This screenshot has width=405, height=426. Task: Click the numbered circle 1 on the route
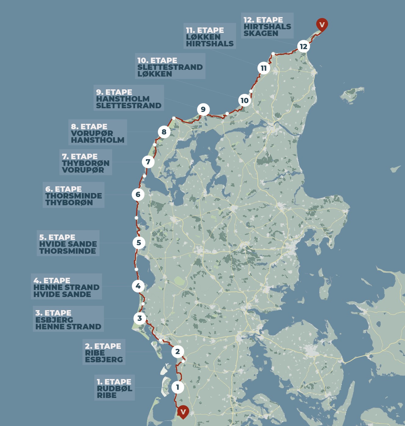click(178, 387)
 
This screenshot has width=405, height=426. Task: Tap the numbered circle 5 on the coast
click(139, 243)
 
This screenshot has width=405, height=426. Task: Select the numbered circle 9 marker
click(203, 109)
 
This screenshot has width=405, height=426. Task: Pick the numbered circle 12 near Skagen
click(303, 47)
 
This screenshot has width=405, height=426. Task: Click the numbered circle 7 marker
click(148, 162)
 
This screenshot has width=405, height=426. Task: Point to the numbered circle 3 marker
click(139, 318)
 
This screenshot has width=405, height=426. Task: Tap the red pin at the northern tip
click(322, 24)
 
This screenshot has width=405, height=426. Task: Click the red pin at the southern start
click(183, 412)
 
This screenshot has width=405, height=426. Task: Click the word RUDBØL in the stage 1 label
click(114, 389)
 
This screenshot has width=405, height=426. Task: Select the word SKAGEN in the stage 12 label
click(261, 34)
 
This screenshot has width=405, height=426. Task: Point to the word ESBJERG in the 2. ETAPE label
click(104, 360)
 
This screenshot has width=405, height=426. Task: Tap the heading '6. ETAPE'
click(63, 189)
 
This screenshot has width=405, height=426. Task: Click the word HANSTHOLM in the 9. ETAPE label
click(123, 99)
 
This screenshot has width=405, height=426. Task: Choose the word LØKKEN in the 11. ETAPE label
click(203, 37)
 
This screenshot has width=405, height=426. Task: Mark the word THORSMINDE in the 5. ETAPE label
click(67, 251)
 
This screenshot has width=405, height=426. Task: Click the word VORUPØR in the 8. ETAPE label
click(92, 134)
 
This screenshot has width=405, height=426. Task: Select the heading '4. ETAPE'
click(52, 281)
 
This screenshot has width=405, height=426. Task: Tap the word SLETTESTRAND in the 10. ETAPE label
click(170, 67)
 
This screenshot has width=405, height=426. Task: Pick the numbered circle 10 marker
click(244, 101)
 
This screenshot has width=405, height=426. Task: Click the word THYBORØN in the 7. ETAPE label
click(86, 163)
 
